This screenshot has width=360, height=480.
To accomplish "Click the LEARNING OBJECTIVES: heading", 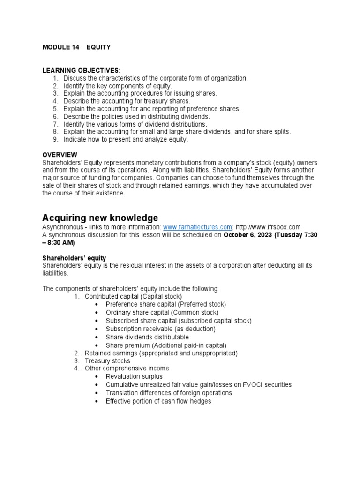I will (78, 70).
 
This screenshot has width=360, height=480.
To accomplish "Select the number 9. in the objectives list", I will (55, 140).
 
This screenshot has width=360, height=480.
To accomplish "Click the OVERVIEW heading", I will (60, 155).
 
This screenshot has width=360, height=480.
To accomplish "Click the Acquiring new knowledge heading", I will (100, 218).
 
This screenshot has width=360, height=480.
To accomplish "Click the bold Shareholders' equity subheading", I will (74, 258).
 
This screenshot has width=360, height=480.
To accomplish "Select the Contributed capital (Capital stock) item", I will (133, 297).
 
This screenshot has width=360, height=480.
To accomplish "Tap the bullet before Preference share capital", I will (97, 305).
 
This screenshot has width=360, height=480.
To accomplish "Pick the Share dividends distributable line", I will (147, 337).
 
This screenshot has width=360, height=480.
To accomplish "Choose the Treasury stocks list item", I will (107, 361).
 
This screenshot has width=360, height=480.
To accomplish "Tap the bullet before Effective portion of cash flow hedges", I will (97, 402).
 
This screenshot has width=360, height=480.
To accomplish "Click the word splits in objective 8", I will (282, 132).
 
